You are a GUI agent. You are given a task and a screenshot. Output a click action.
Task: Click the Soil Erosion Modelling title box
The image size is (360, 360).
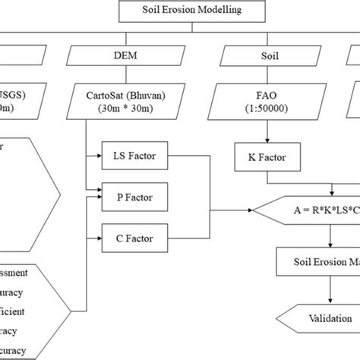[180, 11]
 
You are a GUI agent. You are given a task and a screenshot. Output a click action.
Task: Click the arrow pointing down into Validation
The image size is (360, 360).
[329, 295]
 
